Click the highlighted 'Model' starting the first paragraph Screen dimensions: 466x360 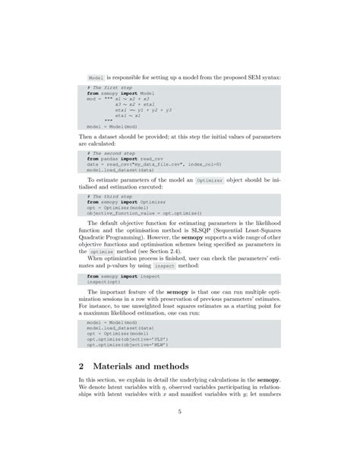click(96, 78)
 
